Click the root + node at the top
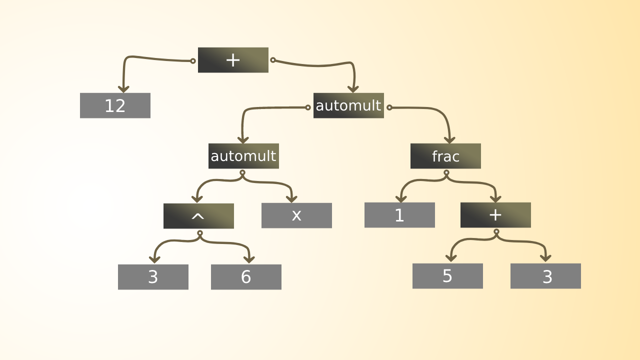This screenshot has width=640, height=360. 233,60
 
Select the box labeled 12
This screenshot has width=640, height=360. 115,105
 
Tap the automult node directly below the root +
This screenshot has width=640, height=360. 348,105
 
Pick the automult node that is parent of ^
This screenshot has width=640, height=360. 243,156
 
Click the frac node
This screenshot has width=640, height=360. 445,156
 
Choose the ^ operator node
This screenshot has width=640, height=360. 198,216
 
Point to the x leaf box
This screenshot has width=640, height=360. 296,215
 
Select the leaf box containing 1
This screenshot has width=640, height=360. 399,215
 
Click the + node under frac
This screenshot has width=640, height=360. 495,215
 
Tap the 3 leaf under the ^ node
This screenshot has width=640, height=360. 153,277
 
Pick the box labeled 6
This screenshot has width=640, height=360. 246,277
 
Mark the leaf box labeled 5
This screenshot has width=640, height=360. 447,276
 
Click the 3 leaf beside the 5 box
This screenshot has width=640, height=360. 545,276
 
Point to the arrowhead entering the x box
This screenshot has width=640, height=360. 291,199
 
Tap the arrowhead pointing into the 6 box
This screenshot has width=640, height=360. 249,259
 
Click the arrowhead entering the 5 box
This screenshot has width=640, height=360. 451,258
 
